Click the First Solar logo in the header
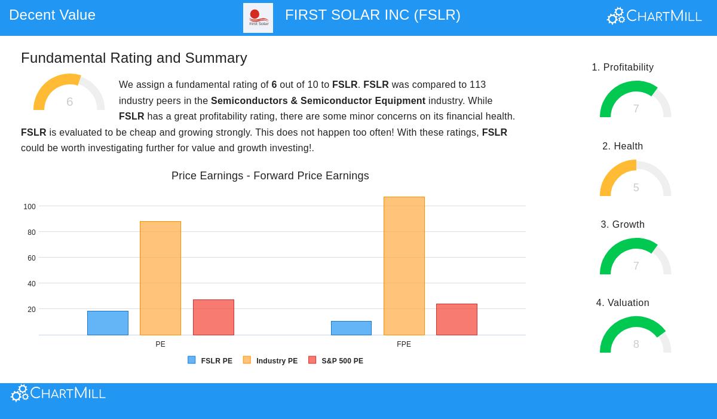(x=258, y=18)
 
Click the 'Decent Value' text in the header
(x=52, y=15)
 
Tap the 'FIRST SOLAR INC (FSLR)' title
(x=372, y=15)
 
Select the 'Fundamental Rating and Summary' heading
(x=134, y=58)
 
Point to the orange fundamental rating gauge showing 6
(x=69, y=93)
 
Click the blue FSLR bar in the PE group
(x=108, y=323)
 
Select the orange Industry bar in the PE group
(x=160, y=278)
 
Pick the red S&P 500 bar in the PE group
(x=213, y=317)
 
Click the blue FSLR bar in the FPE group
(x=351, y=328)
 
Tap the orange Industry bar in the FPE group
(x=404, y=266)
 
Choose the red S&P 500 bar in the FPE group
(x=456, y=319)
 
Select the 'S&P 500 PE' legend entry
(x=336, y=360)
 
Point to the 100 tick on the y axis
(x=29, y=207)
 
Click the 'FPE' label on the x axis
(x=404, y=344)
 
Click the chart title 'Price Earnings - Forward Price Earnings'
(x=270, y=176)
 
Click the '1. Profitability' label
(x=623, y=68)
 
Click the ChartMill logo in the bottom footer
(x=59, y=393)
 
